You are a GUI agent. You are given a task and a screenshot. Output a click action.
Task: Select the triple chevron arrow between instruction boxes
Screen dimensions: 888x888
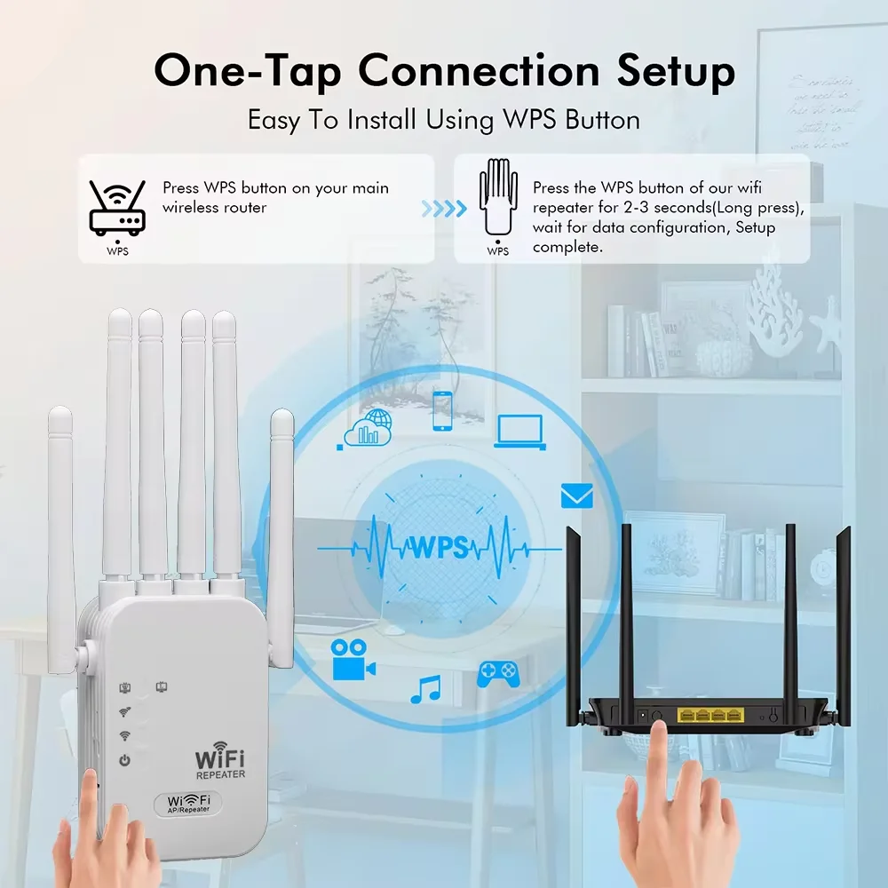click(443, 209)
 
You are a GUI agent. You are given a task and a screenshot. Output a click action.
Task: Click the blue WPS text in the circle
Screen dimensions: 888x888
click(438, 547)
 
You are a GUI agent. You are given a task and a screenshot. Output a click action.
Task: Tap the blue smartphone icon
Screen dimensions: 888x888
click(442, 410)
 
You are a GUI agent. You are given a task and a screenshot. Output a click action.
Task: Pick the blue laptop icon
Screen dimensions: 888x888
click(519, 431)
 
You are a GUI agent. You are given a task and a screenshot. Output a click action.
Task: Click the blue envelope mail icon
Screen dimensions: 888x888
click(576, 496)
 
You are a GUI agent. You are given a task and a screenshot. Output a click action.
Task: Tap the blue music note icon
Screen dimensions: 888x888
click(426, 689)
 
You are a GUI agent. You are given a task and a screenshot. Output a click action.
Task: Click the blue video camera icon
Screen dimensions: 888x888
click(353, 660)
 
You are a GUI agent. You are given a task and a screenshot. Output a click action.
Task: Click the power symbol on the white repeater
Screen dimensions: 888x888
click(125, 760)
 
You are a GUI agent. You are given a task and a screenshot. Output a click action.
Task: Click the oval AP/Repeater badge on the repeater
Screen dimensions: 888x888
click(187, 804)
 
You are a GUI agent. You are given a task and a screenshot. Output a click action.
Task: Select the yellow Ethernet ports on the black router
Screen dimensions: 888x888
click(710, 714)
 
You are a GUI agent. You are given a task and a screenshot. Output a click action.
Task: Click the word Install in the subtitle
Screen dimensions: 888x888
click(377, 119)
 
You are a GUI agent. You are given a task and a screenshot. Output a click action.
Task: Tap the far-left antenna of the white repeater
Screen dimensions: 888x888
click(61, 533)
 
